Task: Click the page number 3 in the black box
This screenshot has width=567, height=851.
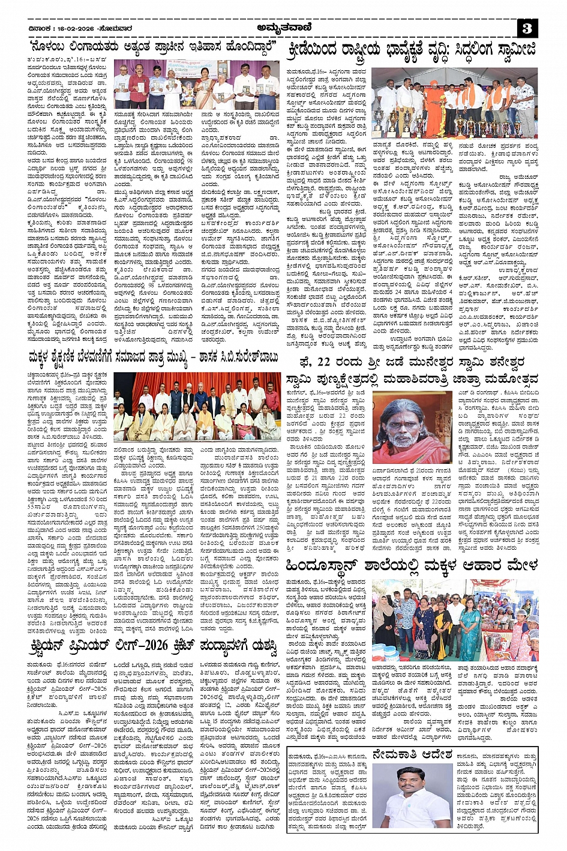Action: coord(527,28)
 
